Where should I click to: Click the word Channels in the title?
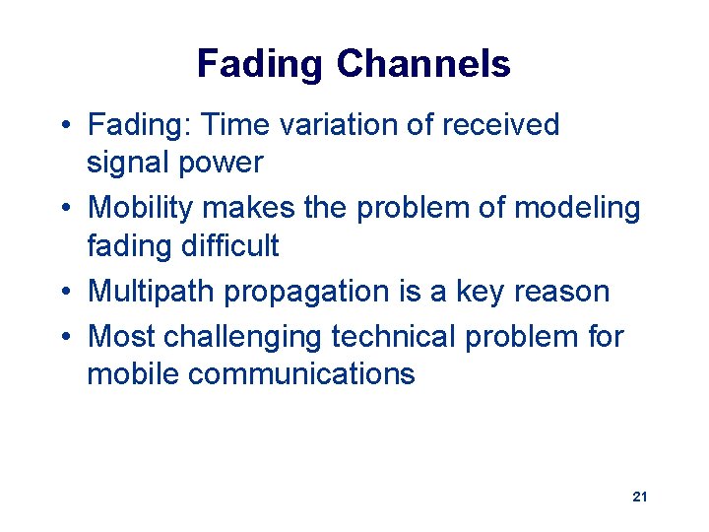[x=423, y=64]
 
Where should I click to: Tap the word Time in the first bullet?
[x=230, y=125]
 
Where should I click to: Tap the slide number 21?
[x=639, y=498]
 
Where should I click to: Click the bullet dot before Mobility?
[x=62, y=209]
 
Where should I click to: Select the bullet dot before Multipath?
[x=62, y=293]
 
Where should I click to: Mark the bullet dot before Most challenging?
[x=62, y=338]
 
